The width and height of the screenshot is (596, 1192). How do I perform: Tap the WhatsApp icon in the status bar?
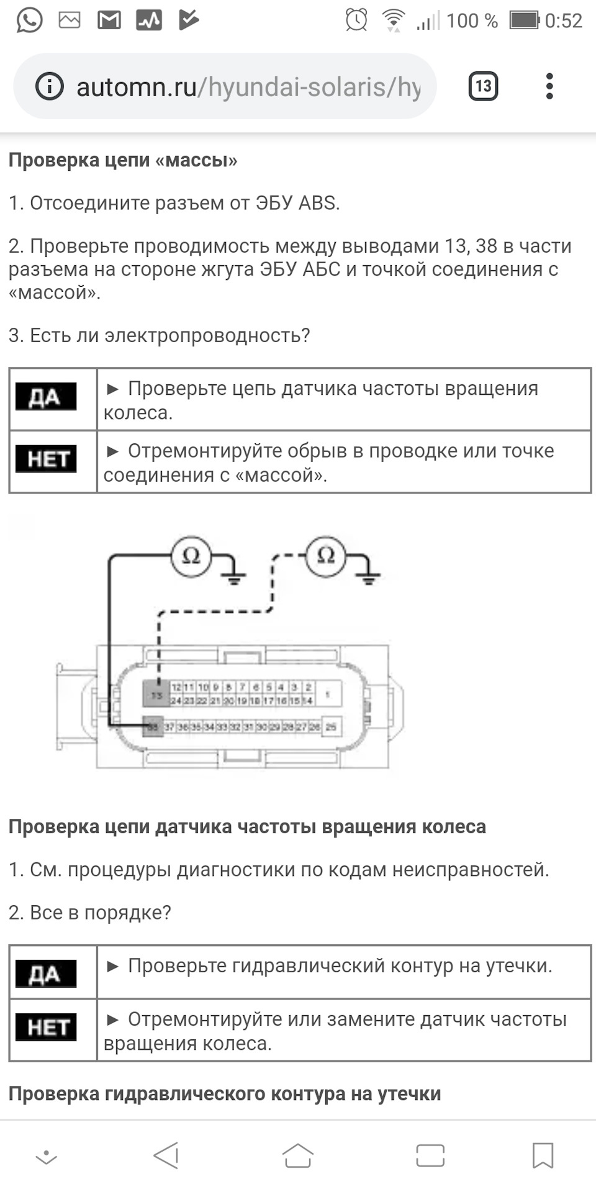29,20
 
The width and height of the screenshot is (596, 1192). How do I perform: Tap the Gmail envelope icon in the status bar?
109,20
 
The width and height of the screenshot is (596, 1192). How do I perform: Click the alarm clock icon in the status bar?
356,20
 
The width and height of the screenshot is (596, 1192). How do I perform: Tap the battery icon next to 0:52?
525,20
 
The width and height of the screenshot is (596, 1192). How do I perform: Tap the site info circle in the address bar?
50,86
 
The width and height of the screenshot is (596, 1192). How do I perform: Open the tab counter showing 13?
483,86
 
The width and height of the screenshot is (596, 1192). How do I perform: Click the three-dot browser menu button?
549,86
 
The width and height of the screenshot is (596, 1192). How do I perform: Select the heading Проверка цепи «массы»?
123,160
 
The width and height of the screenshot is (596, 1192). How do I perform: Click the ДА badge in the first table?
46,397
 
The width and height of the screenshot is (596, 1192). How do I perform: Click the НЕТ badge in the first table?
46,459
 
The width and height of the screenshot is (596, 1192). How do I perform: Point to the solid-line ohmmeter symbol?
191,556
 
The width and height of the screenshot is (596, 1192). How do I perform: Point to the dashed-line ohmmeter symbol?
326,556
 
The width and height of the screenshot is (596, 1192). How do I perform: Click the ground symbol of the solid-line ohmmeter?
234,577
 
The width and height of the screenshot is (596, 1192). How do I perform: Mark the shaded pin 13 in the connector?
156,695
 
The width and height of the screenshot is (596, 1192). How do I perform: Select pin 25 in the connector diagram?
331,726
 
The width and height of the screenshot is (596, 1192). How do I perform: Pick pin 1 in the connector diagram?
327,693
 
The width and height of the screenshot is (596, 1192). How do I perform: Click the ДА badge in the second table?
46,973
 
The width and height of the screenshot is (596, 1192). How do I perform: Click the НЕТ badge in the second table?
46,1027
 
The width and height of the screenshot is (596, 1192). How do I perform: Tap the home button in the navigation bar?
298,1156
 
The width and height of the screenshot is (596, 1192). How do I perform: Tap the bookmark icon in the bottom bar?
543,1156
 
